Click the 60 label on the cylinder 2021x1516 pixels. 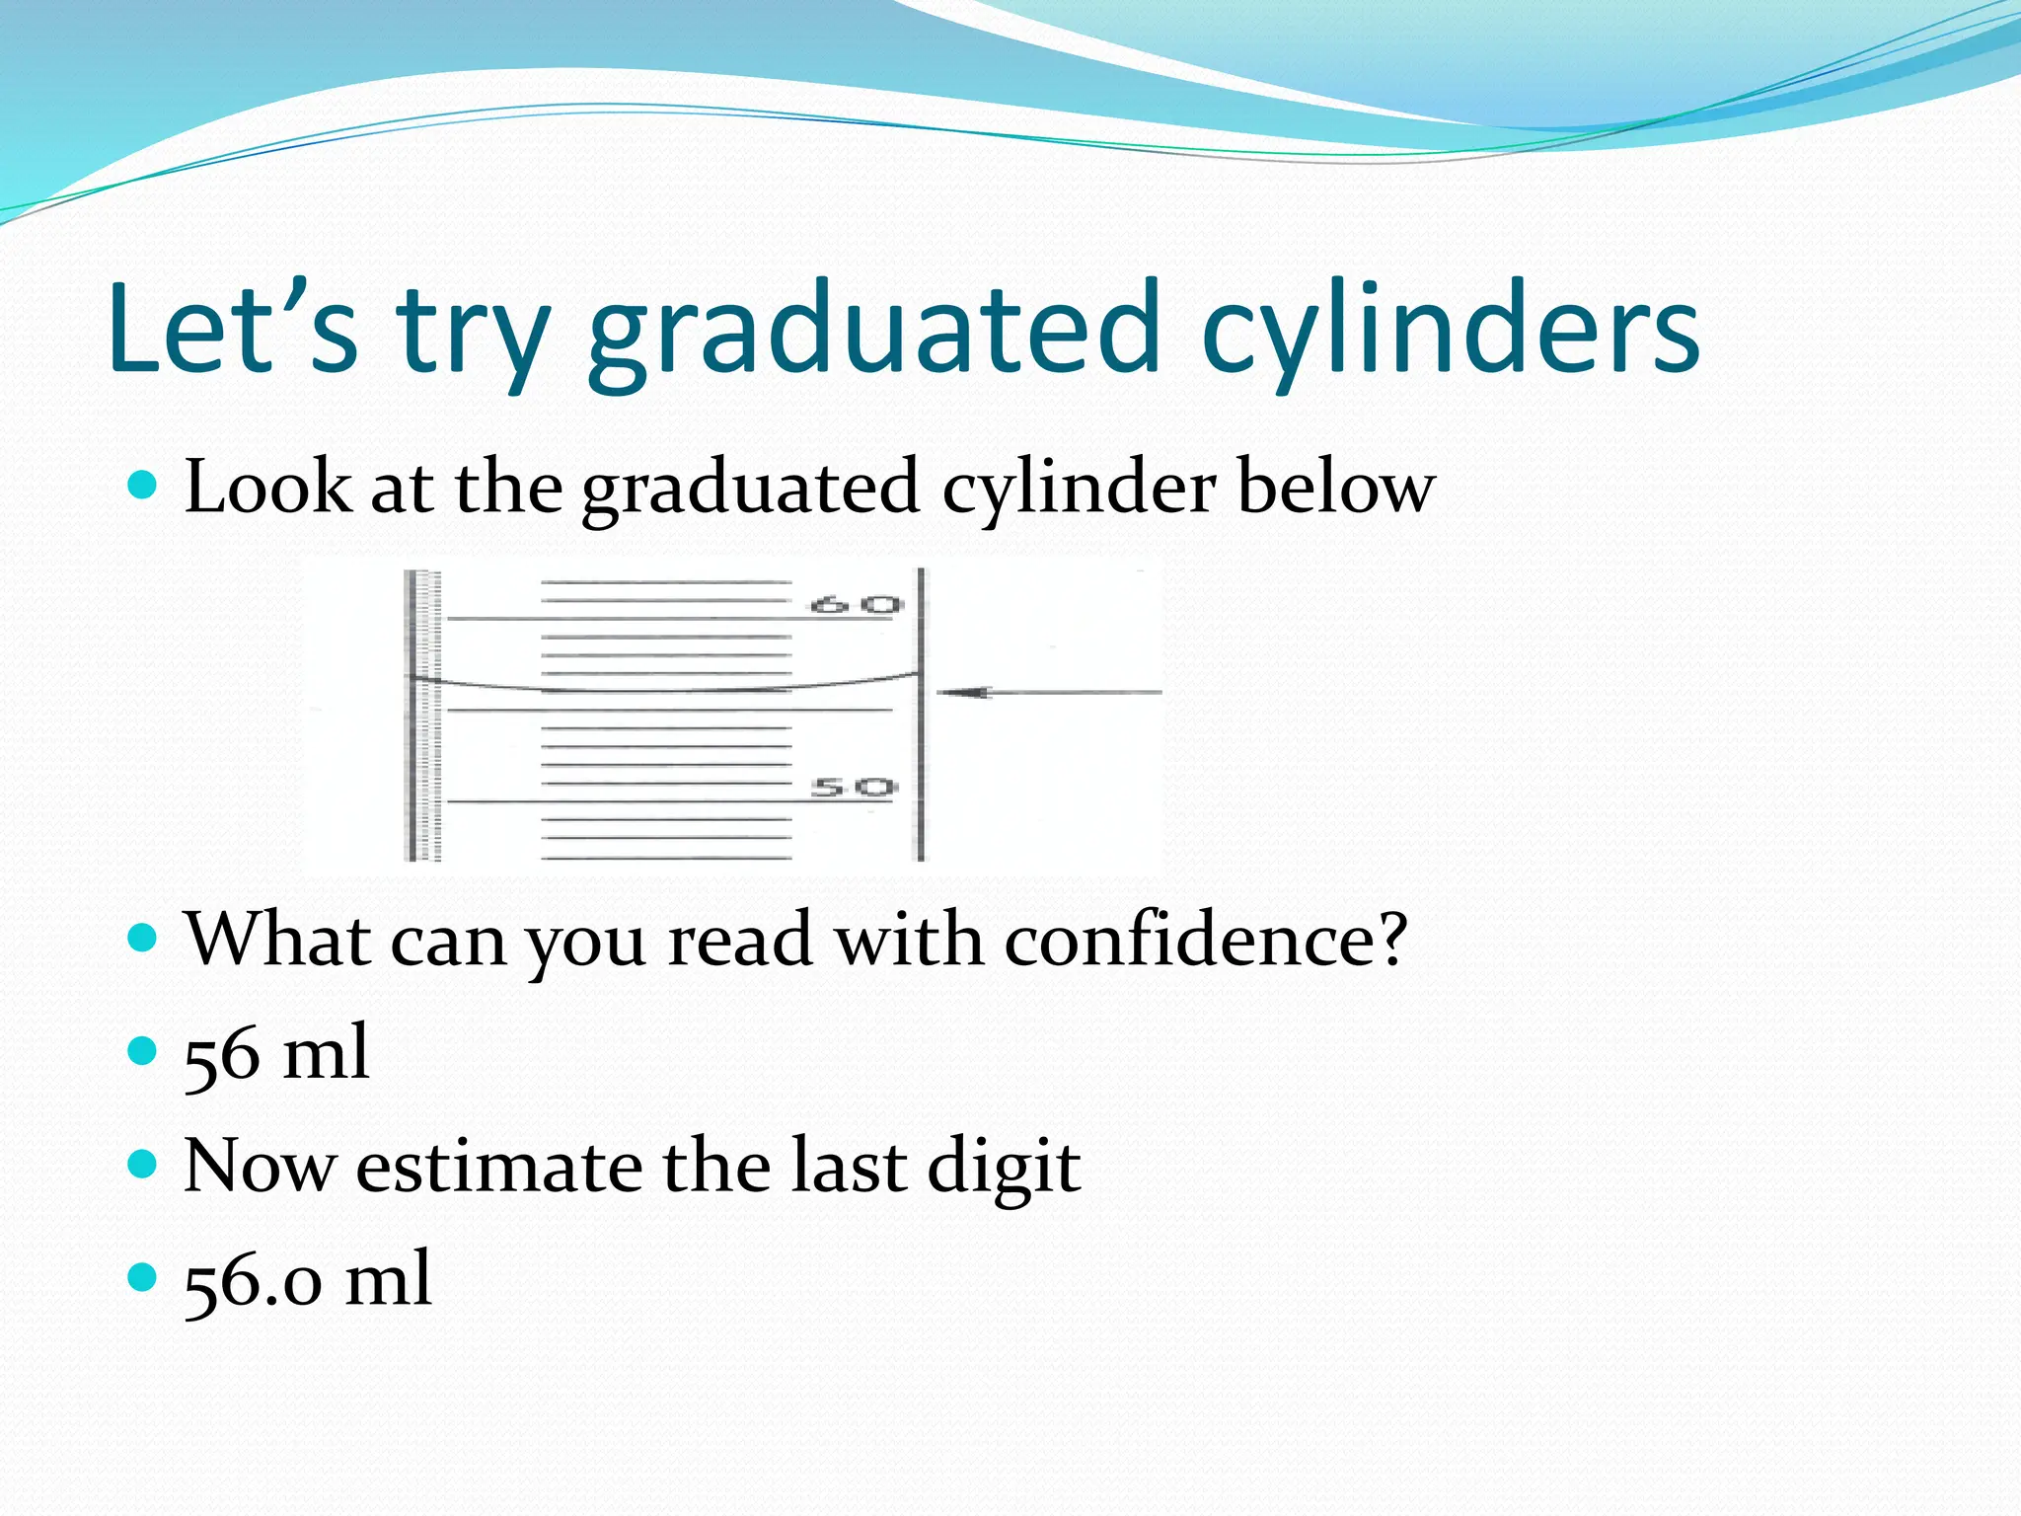click(x=856, y=605)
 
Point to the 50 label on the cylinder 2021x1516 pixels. click(x=854, y=788)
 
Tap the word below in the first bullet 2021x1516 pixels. click(x=1336, y=487)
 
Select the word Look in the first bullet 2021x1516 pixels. click(x=267, y=487)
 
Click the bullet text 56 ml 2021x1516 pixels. click(x=277, y=1054)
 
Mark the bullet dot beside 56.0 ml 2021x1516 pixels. click(x=143, y=1277)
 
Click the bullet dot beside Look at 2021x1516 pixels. click(x=143, y=485)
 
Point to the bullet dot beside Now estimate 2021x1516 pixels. click(x=143, y=1164)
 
